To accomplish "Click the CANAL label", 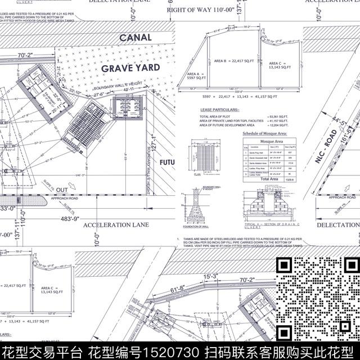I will [x=135, y=38].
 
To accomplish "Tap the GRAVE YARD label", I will [x=130, y=68].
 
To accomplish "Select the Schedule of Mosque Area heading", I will [x=264, y=133].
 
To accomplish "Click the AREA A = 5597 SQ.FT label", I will [x=194, y=77].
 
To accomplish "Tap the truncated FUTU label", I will [x=167, y=163].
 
